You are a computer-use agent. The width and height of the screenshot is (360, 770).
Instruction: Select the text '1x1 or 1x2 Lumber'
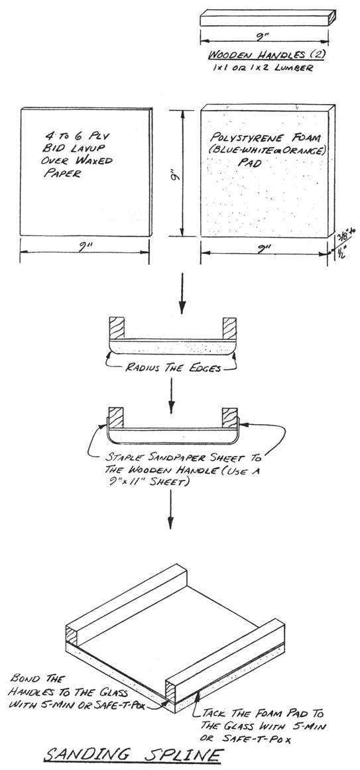coord(262,68)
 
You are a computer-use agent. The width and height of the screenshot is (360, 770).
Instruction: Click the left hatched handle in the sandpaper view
coord(116,417)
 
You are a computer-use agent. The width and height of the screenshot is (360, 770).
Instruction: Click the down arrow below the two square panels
coord(182,293)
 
